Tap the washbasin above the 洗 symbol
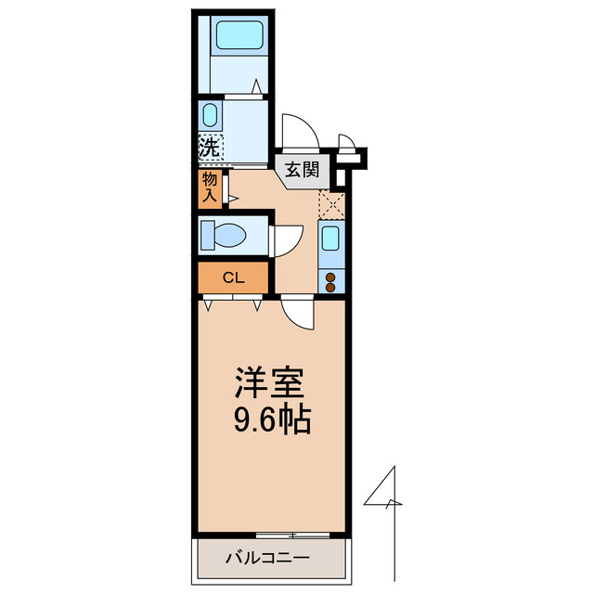[210, 117]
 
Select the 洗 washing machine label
[209, 147]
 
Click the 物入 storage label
[209, 187]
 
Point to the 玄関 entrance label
[302, 170]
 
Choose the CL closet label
[233, 277]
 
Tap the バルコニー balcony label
[267, 559]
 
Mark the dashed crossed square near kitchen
[331, 203]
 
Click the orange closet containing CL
[233, 277]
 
